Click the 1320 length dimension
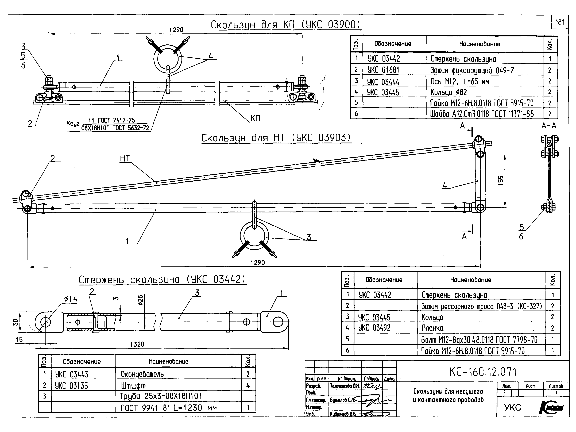click(x=137, y=344)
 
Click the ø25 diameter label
click(x=140, y=300)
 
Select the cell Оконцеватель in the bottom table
click(x=142, y=374)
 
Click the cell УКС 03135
click(x=72, y=386)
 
